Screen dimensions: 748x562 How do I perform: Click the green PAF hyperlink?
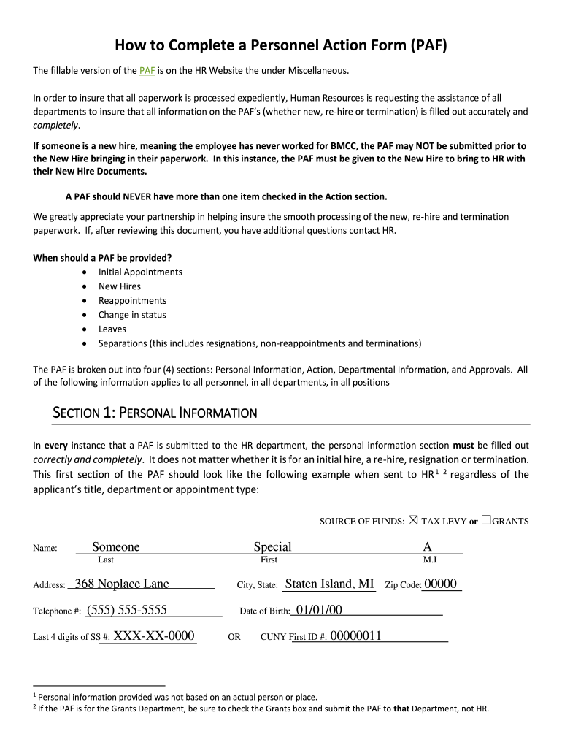pyautogui.click(x=147, y=71)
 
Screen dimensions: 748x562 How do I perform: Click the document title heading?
pyautogui.click(x=280, y=46)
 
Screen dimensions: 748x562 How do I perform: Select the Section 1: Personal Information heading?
pyautogui.click(x=155, y=413)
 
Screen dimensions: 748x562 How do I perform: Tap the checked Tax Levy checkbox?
pyautogui.click(x=413, y=521)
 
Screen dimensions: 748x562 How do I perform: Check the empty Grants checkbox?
pyautogui.click(x=485, y=521)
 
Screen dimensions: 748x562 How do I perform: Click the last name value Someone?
pyautogui.click(x=115, y=547)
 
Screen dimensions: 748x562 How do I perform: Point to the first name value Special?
pyautogui.click(x=272, y=547)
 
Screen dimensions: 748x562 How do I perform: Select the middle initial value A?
pyautogui.click(x=427, y=547)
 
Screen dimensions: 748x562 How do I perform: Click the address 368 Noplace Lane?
pyautogui.click(x=122, y=584)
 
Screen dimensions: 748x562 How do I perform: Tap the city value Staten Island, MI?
pyautogui.click(x=329, y=584)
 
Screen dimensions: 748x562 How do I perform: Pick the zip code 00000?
pyautogui.click(x=440, y=584)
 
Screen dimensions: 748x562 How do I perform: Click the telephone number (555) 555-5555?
pyautogui.click(x=127, y=610)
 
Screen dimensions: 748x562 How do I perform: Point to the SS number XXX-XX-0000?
pyautogui.click(x=154, y=636)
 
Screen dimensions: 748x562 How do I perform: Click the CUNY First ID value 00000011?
pyautogui.click(x=355, y=636)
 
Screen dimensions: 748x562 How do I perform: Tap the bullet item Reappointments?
pyautogui.click(x=132, y=301)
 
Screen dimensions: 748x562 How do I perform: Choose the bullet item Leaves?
pyautogui.click(x=112, y=329)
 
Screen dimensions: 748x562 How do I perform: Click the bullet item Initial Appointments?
pyautogui.click(x=140, y=272)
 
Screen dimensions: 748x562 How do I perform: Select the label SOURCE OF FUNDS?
pyautogui.click(x=361, y=522)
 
